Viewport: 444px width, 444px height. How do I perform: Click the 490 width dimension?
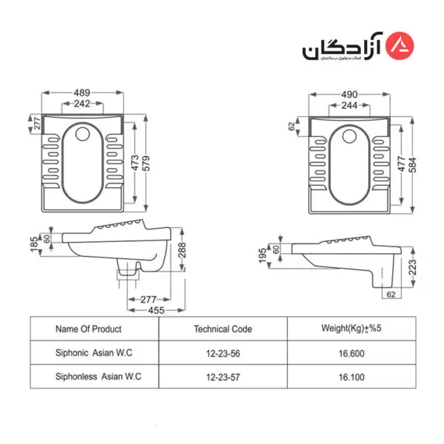349,95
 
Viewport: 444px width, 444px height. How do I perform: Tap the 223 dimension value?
413,266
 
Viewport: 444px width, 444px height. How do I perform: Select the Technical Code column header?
223,329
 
